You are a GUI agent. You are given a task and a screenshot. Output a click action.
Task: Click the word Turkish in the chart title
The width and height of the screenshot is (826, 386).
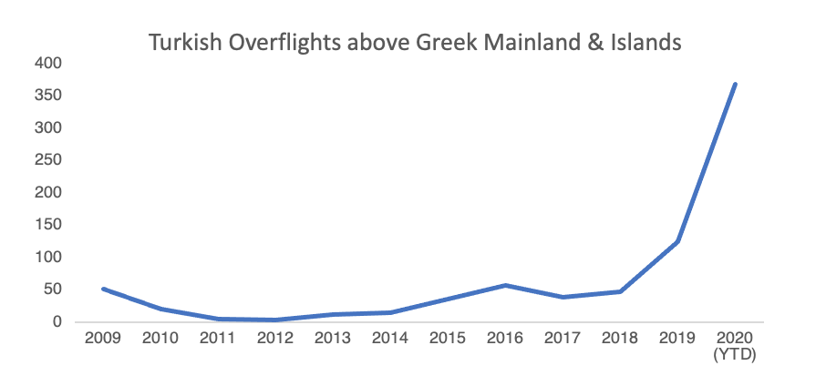tap(186, 42)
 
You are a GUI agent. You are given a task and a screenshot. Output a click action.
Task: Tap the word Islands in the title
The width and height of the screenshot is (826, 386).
tap(648, 42)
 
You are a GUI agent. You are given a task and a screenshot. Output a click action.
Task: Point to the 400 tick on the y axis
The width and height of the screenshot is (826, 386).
tap(49, 63)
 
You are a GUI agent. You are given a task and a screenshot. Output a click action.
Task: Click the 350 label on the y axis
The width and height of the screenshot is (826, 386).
tap(49, 96)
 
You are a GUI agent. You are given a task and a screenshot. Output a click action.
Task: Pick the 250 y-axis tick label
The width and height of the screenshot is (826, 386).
tap(49, 160)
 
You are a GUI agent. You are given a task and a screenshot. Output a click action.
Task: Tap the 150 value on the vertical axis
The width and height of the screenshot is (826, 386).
tap(49, 225)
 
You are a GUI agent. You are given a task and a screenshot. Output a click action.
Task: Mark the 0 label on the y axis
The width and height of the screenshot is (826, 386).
tap(57, 322)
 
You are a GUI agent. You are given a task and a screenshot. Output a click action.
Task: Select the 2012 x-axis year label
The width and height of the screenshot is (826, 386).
tap(274, 339)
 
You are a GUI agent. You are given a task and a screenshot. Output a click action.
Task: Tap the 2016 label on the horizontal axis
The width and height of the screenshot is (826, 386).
tap(504, 339)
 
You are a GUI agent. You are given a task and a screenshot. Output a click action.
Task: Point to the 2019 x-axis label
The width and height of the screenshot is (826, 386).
tap(676, 339)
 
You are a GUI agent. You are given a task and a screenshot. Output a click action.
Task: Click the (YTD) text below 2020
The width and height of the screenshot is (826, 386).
tap(735, 354)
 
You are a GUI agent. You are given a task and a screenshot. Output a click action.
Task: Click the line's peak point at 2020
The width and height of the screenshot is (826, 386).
tap(735, 85)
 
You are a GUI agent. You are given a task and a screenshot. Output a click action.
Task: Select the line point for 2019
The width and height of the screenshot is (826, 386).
tap(677, 241)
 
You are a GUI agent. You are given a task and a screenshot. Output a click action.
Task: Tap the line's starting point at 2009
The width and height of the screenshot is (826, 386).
tap(103, 289)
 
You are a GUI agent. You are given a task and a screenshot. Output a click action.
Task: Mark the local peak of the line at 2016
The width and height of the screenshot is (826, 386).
tap(505, 285)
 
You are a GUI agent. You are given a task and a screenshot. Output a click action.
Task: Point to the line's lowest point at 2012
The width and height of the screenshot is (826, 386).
tap(275, 320)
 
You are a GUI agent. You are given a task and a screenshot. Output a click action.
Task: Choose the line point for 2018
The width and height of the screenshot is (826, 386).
tap(620, 291)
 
